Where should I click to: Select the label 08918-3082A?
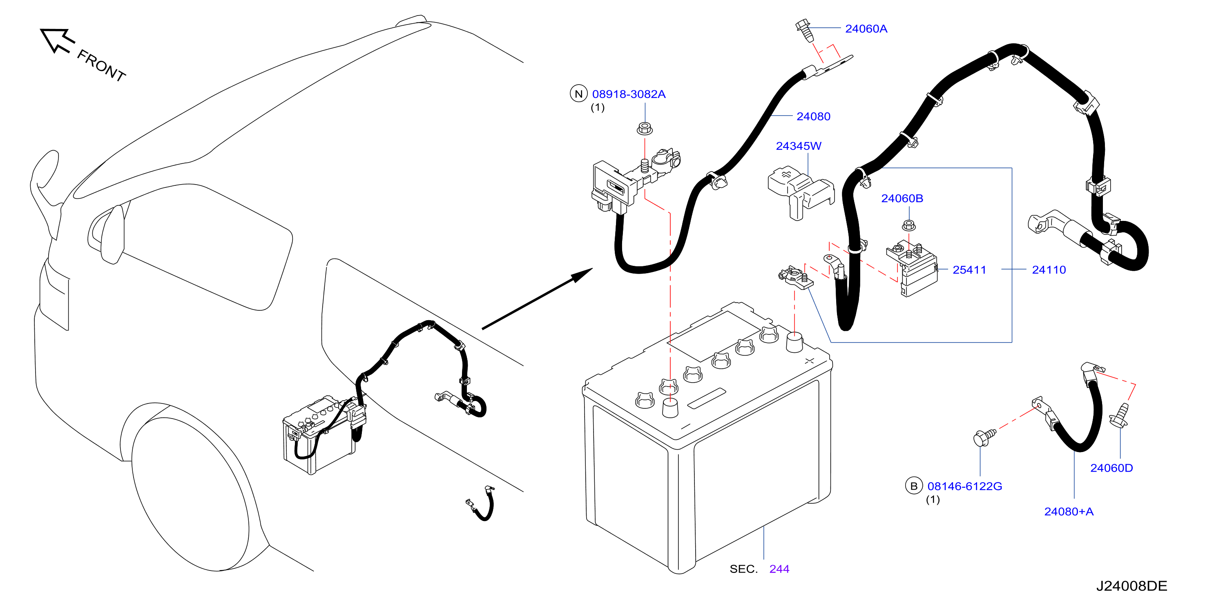pos(629,94)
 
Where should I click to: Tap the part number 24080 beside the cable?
pos(813,116)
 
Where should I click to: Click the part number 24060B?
pos(902,198)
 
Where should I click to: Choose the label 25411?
pos(969,270)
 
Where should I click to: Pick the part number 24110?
pos(1049,270)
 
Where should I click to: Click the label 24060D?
pos(1111,468)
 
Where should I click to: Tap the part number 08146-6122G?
pos(965,486)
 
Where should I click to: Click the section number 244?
pos(779,569)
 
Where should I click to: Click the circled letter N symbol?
pos(579,94)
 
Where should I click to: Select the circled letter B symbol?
pos(914,486)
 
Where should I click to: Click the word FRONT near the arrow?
pos(101,65)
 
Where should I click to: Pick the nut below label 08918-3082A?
pos(645,128)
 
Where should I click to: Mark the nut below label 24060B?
pos(908,226)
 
